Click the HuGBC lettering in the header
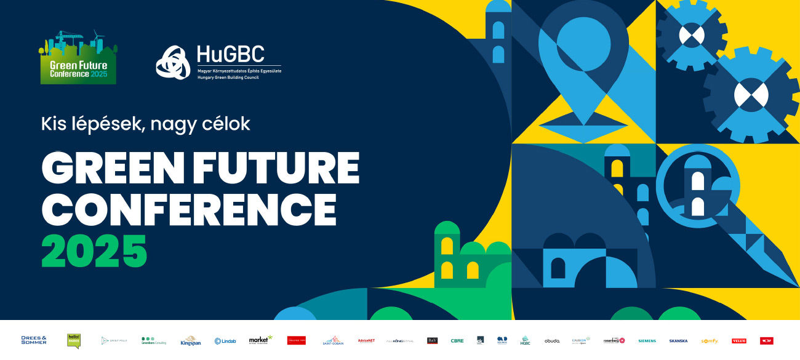point(230,54)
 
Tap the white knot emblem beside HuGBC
point(173,62)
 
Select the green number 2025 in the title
point(94,250)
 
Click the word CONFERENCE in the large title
point(188,209)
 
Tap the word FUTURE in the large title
point(276,167)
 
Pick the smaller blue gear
point(691,34)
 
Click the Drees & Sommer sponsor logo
point(34,340)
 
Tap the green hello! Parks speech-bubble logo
point(74,340)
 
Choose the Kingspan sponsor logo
point(191,341)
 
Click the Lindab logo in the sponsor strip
point(226,341)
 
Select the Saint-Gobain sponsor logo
point(333,340)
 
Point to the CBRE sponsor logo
point(457,340)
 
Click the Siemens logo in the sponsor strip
point(647,341)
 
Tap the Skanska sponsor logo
point(678,341)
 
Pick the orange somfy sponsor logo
point(710,341)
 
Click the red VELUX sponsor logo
point(739,341)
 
